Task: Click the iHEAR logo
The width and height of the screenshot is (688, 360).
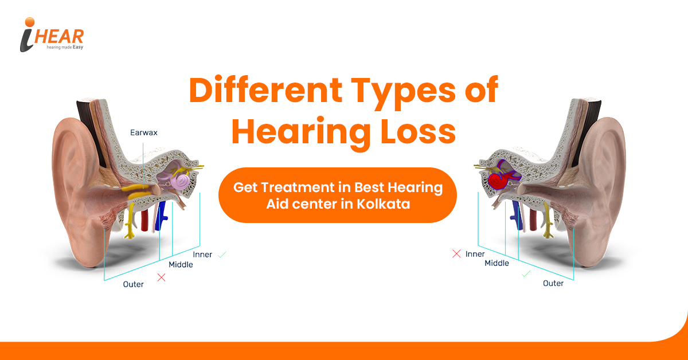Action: [x=52, y=34]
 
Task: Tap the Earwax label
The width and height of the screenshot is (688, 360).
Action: [x=144, y=132]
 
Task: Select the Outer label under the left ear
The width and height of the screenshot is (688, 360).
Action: [x=133, y=284]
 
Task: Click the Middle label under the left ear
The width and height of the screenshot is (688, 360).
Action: [x=181, y=264]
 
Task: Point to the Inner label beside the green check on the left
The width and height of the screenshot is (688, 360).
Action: [x=202, y=255]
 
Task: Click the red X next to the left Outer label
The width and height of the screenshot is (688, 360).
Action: [x=161, y=277]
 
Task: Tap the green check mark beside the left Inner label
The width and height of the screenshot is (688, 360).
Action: [x=222, y=255]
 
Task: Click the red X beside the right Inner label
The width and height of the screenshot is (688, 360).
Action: [x=456, y=254]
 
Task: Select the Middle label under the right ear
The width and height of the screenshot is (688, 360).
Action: [x=497, y=263]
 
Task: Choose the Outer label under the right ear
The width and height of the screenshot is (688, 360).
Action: [x=553, y=283]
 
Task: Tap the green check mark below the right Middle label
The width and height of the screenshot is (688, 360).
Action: [x=526, y=273]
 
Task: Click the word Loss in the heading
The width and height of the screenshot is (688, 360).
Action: [x=419, y=132]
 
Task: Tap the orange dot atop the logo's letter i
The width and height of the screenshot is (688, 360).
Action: [x=30, y=22]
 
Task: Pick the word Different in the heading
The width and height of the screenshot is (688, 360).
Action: [x=265, y=89]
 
